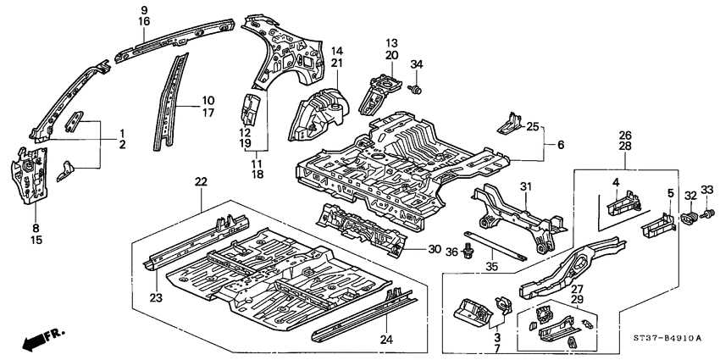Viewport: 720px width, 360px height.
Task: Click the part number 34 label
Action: coord(416,65)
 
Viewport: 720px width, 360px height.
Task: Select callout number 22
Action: coord(201,182)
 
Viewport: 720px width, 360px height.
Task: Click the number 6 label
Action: coord(560,146)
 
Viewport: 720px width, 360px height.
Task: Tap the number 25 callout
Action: coord(531,126)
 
